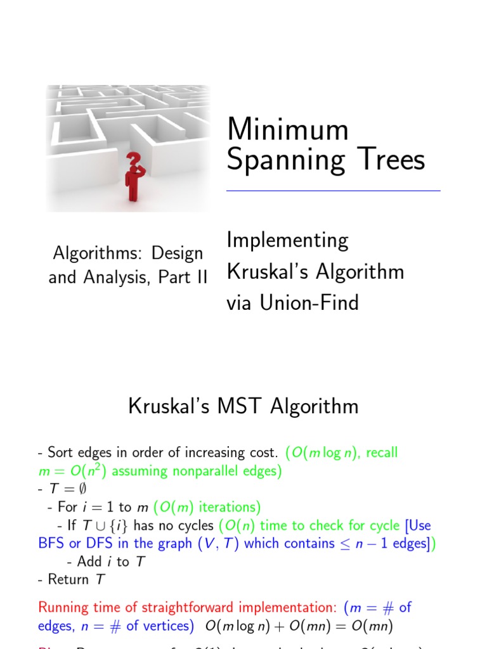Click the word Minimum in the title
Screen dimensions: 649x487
[287, 130]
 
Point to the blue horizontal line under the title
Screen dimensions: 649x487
[333, 190]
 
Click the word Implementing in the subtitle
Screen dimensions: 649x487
[287, 241]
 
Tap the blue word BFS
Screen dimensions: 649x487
[51, 543]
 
